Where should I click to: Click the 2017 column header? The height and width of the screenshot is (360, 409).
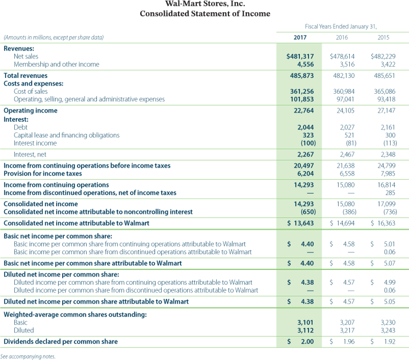pyautogui.click(x=300, y=37)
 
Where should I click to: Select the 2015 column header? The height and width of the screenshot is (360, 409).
pyautogui.click(x=383, y=37)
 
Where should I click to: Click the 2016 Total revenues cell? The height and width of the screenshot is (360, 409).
pyautogui.click(x=344, y=76)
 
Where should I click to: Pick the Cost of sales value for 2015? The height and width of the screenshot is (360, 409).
pyautogui.click(x=384, y=91)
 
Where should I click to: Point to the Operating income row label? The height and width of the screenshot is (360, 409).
pyautogui.click(x=31, y=111)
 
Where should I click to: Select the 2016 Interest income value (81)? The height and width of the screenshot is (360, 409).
pyautogui.click(x=348, y=143)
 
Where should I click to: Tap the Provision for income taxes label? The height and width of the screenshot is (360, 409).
pyautogui.click(x=43, y=174)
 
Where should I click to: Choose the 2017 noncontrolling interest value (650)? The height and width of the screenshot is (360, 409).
pyautogui.click(x=306, y=212)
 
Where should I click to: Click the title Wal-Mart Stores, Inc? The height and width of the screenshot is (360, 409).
pyautogui.click(x=205, y=4)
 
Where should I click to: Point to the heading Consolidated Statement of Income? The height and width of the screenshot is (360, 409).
pyautogui.click(x=205, y=14)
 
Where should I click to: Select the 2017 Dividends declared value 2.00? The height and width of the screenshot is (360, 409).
pyautogui.click(x=307, y=342)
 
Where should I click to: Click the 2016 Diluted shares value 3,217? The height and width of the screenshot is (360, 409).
pyautogui.click(x=347, y=330)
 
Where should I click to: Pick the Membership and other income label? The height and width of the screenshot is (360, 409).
pyautogui.click(x=57, y=64)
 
